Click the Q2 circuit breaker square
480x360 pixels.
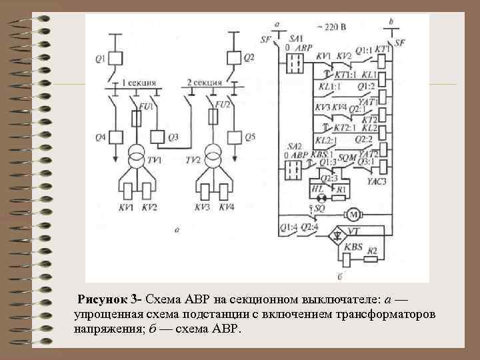coord(233,58)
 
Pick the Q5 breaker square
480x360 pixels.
coord(233,137)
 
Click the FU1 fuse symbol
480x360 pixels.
coord(136,119)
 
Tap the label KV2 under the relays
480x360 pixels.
coord(150,207)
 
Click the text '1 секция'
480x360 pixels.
coord(138,83)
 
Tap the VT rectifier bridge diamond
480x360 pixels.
coord(340,234)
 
